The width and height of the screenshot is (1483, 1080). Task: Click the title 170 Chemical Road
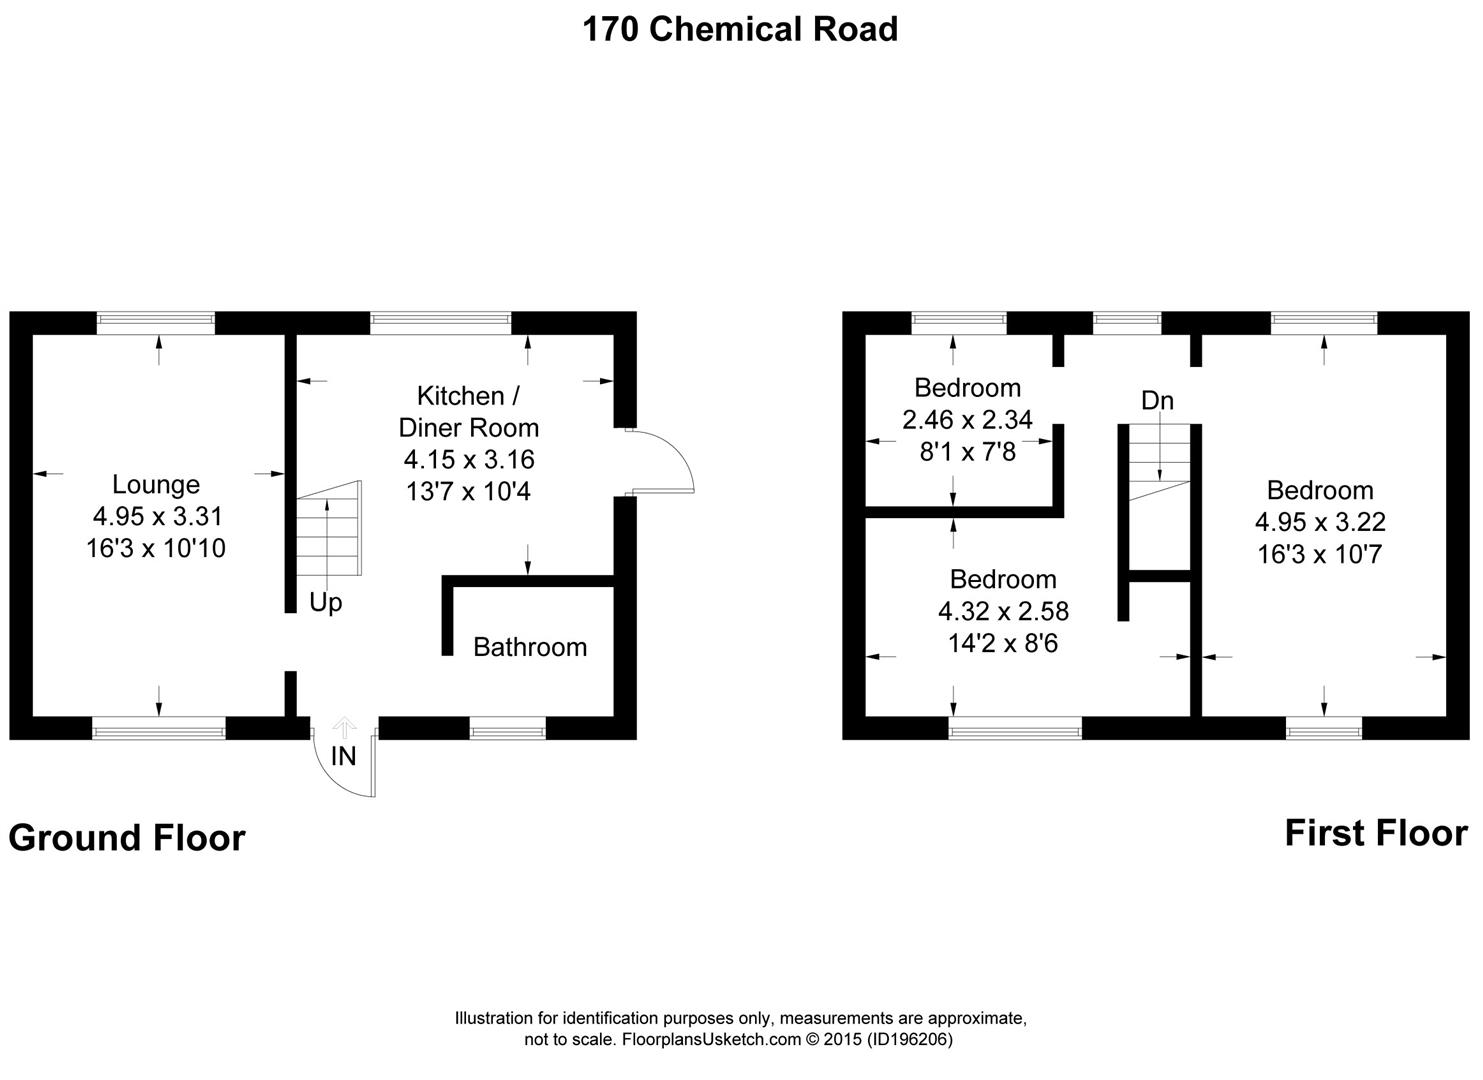740,29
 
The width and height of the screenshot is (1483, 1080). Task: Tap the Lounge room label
156,485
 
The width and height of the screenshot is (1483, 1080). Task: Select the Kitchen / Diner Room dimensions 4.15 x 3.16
469,460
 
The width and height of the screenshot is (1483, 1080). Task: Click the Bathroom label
530,647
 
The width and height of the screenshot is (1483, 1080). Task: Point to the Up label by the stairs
326,603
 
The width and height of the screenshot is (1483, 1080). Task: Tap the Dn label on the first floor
1157,401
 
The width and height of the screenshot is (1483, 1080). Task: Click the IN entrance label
343,756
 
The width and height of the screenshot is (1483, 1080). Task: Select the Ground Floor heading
127,838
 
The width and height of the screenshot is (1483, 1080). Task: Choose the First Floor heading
1376,833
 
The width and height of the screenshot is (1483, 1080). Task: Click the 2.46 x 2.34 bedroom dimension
967,420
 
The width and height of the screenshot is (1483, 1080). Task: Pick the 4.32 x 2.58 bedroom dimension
1003,610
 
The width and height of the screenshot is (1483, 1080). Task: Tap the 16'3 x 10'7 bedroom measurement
1320,554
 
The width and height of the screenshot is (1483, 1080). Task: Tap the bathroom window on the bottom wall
508,729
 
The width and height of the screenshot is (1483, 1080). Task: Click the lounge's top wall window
156,322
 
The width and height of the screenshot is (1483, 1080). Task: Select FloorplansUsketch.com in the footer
712,1040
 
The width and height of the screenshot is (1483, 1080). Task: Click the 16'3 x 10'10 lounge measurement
156,548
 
